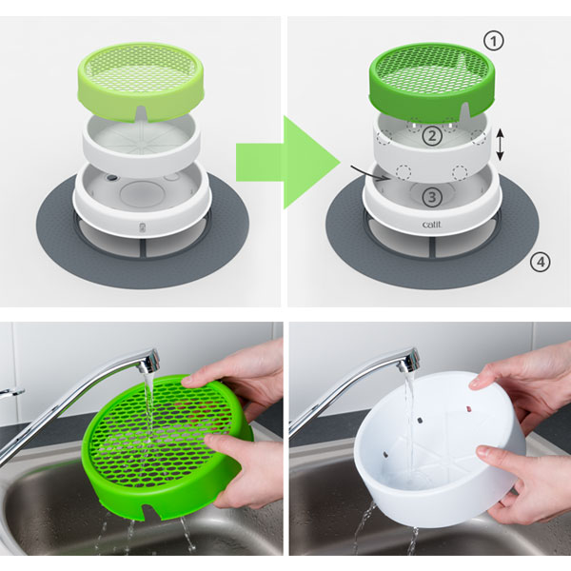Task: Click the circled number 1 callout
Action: pyautogui.click(x=494, y=41)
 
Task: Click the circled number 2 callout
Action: pyautogui.click(x=432, y=136)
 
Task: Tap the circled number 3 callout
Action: pyautogui.click(x=432, y=197)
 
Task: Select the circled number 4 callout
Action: pyautogui.click(x=540, y=262)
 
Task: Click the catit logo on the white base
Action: pyautogui.click(x=432, y=225)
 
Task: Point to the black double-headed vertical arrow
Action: pyautogui.click(x=501, y=145)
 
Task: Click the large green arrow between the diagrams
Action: pyautogui.click(x=287, y=163)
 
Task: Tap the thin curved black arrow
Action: pyautogui.click(x=370, y=174)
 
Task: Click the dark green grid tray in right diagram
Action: pyautogui.click(x=433, y=81)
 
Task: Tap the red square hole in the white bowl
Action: pyautogui.click(x=467, y=409)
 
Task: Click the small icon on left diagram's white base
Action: pyautogui.click(x=143, y=227)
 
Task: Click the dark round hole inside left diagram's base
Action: pyautogui.click(x=112, y=178)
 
